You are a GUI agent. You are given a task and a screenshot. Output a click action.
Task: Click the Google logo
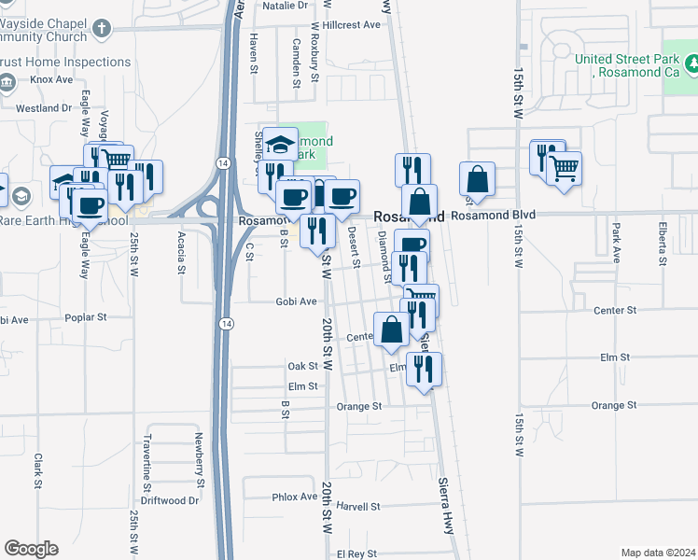(x=31, y=549)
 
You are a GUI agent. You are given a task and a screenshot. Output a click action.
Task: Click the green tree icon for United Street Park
(x=691, y=63)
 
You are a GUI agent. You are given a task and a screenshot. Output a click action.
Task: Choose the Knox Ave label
(x=50, y=80)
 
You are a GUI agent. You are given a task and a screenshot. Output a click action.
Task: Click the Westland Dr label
(x=44, y=108)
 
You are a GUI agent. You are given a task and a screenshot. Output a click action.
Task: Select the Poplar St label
(x=87, y=318)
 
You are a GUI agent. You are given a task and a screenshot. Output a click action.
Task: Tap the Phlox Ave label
(x=295, y=497)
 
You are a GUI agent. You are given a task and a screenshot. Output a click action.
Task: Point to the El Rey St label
(x=356, y=553)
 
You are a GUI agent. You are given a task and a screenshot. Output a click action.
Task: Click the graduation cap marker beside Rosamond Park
(x=280, y=144)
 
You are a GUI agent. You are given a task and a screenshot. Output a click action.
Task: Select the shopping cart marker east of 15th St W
(x=564, y=169)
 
